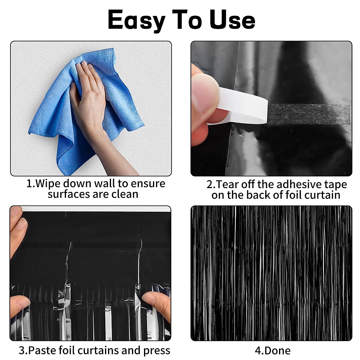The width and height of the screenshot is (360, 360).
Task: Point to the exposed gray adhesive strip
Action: tap(309, 114)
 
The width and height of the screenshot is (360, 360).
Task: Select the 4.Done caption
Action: tap(272, 350)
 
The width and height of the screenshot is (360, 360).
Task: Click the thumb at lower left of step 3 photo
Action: tap(19, 304)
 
